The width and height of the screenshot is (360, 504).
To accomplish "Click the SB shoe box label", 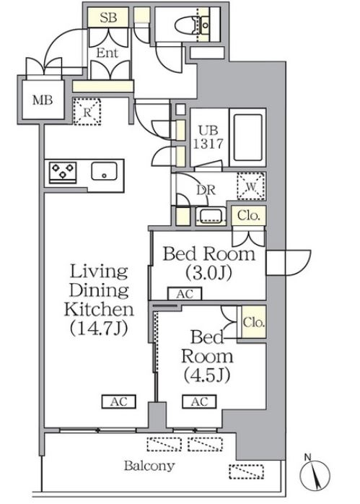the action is pos(108,18).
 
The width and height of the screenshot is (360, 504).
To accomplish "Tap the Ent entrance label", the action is pos(107,53).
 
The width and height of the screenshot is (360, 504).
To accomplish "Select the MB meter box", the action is pos(43,100).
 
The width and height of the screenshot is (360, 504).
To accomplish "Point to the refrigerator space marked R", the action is pos(87,112).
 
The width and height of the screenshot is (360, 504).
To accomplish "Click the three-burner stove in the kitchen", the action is pos(63,172).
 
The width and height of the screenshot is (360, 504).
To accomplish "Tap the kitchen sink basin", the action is pos(104,171).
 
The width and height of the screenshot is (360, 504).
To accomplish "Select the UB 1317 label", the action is pos(208,137).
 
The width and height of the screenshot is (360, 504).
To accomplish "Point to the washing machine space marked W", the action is pos(251,186).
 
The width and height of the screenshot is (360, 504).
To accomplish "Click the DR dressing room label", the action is pos(206,191).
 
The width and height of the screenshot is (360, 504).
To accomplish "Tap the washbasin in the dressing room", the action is pos(210,216).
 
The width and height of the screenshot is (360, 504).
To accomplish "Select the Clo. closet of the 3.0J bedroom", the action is pos(249,215).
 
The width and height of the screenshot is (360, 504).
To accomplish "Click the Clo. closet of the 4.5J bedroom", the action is pos(253,322).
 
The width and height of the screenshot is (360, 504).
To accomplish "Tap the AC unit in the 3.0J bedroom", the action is pos(185,294).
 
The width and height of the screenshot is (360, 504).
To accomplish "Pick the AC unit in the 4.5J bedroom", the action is pos(199,401).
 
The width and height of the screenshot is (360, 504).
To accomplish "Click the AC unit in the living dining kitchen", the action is pos(119,401).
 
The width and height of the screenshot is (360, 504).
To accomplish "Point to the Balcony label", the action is pos(149,466).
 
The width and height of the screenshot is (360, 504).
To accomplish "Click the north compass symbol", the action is pos(315,475).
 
